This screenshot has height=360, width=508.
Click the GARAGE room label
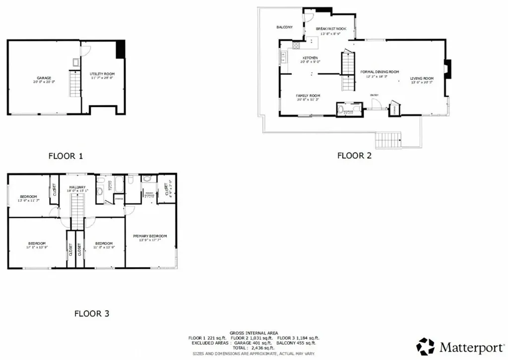coord(44,78)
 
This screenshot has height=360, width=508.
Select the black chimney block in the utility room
coord(120,50)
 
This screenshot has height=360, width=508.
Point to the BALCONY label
coord(284,27)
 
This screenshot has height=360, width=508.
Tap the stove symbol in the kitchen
coord(296,46)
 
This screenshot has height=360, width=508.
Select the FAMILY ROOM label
coord(308,96)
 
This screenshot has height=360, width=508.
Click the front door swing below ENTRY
coord(376,103)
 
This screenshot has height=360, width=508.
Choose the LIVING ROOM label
coord(422,78)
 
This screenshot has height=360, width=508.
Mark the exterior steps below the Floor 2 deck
coord(388,140)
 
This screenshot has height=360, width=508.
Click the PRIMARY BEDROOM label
coord(150,236)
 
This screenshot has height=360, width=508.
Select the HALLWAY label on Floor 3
coord(77,187)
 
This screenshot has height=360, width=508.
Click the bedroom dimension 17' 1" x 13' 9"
coord(37,247)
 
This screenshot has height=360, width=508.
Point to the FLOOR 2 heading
coord(354,155)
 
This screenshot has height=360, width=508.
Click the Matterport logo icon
coord(425,346)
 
